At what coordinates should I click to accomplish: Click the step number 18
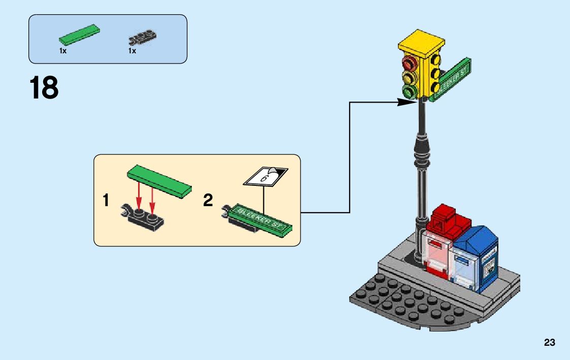[x=44, y=88]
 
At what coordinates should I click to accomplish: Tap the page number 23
[x=549, y=343]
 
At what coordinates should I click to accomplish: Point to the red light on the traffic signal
[x=409, y=63]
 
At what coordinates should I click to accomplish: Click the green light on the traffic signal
[x=409, y=92]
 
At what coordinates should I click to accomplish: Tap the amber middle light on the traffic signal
[x=409, y=78]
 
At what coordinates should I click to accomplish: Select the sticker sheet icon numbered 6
[x=265, y=176]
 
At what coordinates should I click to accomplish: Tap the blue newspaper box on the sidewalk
[x=477, y=259]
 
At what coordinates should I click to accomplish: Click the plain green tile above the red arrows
[x=160, y=181]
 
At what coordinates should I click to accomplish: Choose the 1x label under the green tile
[x=63, y=51]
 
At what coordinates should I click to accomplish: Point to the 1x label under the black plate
[x=132, y=51]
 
